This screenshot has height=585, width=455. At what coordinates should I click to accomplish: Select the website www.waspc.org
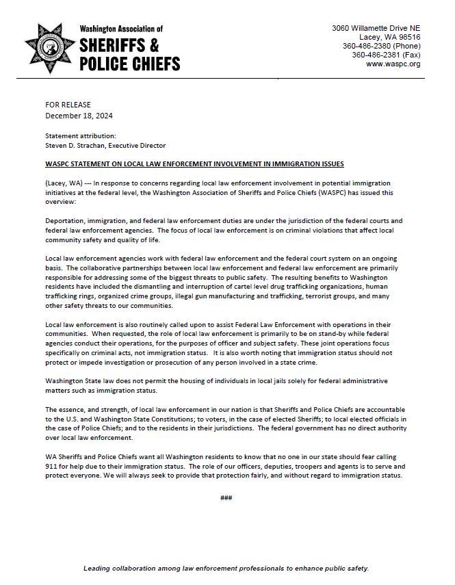pyautogui.click(x=393, y=64)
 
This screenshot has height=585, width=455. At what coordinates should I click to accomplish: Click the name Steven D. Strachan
pyautogui.click(x=75, y=145)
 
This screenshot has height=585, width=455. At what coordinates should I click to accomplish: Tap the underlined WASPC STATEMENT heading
pyautogui.click(x=194, y=164)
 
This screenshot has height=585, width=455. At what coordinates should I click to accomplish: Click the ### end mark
pyautogui.click(x=226, y=497)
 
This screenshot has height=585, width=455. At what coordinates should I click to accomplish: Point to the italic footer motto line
pyautogui.click(x=226, y=569)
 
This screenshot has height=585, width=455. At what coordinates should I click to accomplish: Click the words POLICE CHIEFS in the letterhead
pyautogui.click(x=130, y=63)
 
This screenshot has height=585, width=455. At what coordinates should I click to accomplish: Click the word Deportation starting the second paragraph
pyautogui.click(x=68, y=220)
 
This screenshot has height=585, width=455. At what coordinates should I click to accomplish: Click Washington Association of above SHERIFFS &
pyautogui.click(x=121, y=29)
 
